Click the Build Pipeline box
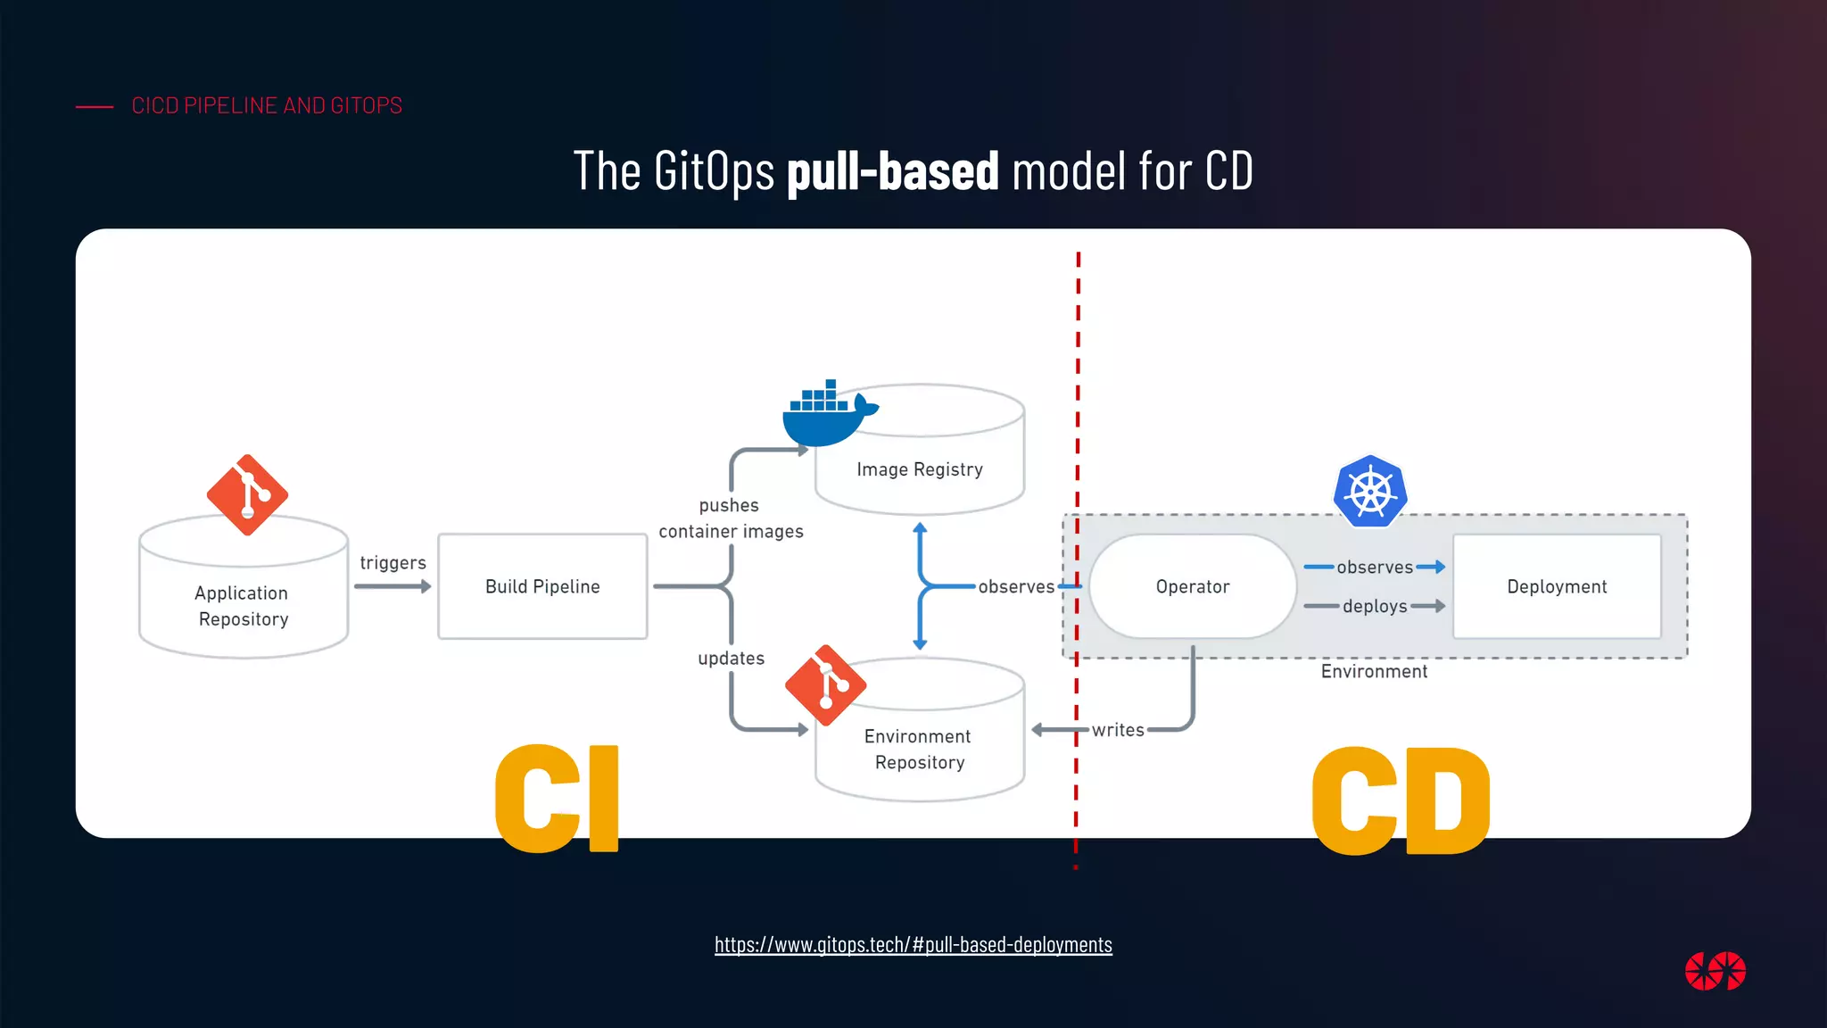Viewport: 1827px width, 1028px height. tap(542, 586)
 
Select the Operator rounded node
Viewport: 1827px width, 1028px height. tap(1192, 586)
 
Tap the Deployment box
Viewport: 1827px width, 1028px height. tap(1557, 586)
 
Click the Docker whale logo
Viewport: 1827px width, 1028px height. tap(825, 415)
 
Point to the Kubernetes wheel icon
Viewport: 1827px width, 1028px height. tap(1370, 491)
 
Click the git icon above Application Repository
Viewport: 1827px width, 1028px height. tap(247, 495)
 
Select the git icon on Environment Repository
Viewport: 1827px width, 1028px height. tap(825, 685)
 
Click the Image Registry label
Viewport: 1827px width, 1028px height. tap(920, 469)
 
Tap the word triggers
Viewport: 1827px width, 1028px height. tap(393, 563)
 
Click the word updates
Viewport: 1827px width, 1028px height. tap(731, 659)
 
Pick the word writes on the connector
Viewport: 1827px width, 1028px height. tap(1118, 730)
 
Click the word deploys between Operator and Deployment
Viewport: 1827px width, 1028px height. tap(1375, 607)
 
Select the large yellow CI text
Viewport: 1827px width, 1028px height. tap(558, 799)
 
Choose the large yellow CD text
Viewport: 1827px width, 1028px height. tap(1401, 800)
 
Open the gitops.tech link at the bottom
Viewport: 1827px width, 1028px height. tap(913, 944)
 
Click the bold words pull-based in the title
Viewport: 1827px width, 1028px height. tap(892, 170)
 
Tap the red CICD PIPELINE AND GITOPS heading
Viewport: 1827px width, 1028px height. tap(267, 105)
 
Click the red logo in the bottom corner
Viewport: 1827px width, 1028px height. tap(1715, 971)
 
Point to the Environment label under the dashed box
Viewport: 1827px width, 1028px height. tap(1374, 672)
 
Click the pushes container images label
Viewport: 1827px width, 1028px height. tap(731, 518)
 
